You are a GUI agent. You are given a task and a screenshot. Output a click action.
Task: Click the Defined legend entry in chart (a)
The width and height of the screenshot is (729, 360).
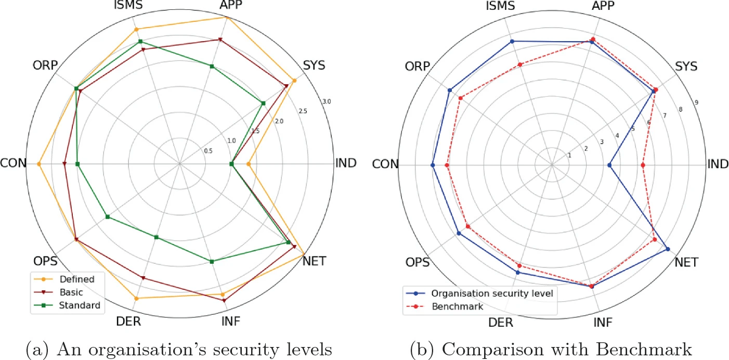[x=76, y=279]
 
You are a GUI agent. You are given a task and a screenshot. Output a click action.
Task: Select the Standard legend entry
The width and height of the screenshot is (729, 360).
[x=80, y=305]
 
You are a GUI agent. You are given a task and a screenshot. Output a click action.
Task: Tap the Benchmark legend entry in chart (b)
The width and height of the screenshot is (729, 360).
[x=457, y=306]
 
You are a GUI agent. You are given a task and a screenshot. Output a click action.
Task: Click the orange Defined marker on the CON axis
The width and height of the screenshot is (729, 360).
[x=39, y=164]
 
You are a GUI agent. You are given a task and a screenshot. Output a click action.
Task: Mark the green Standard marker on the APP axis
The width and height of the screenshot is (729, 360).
[x=212, y=66]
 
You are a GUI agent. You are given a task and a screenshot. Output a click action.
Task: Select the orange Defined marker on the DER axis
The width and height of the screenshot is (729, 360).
[x=136, y=299]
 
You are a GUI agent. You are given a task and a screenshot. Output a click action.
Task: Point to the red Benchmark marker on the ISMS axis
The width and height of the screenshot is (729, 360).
[x=519, y=65]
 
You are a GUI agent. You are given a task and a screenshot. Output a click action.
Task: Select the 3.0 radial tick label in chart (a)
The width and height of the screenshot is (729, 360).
[x=327, y=101]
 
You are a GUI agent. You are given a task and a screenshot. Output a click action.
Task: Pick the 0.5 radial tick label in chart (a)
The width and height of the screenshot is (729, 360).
[x=208, y=151]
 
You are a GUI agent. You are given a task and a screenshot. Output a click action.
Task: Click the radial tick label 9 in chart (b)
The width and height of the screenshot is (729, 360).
[x=696, y=102]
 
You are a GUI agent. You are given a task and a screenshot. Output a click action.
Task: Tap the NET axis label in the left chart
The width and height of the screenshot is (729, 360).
[x=315, y=261]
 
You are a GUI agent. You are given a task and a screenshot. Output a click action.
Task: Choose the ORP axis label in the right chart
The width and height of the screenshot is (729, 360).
[x=416, y=67]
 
